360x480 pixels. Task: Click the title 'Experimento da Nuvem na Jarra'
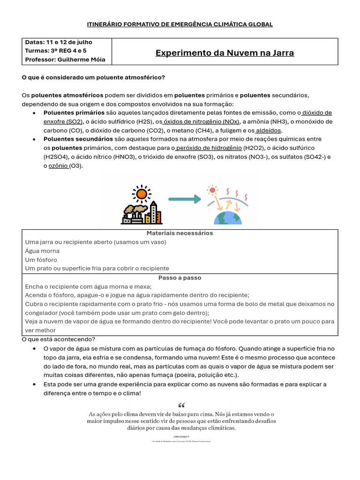[225, 53]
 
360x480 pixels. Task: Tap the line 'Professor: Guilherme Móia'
[65, 60]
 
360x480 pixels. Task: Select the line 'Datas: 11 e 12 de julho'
[59, 42]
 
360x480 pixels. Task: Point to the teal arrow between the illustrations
[184, 199]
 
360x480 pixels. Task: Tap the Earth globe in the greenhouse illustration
[227, 217]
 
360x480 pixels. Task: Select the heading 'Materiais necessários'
[180, 233]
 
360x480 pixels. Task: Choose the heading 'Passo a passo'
[180, 277]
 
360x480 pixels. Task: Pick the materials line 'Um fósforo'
[41, 260]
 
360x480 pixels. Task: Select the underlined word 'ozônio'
[59, 166]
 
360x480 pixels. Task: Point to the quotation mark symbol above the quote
[182, 405]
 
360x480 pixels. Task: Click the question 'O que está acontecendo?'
[58, 339]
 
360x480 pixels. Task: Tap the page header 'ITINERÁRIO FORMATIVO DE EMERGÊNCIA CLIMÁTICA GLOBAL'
[180, 24]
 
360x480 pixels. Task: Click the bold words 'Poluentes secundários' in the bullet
[78, 139]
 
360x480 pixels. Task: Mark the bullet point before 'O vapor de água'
[35, 349]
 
